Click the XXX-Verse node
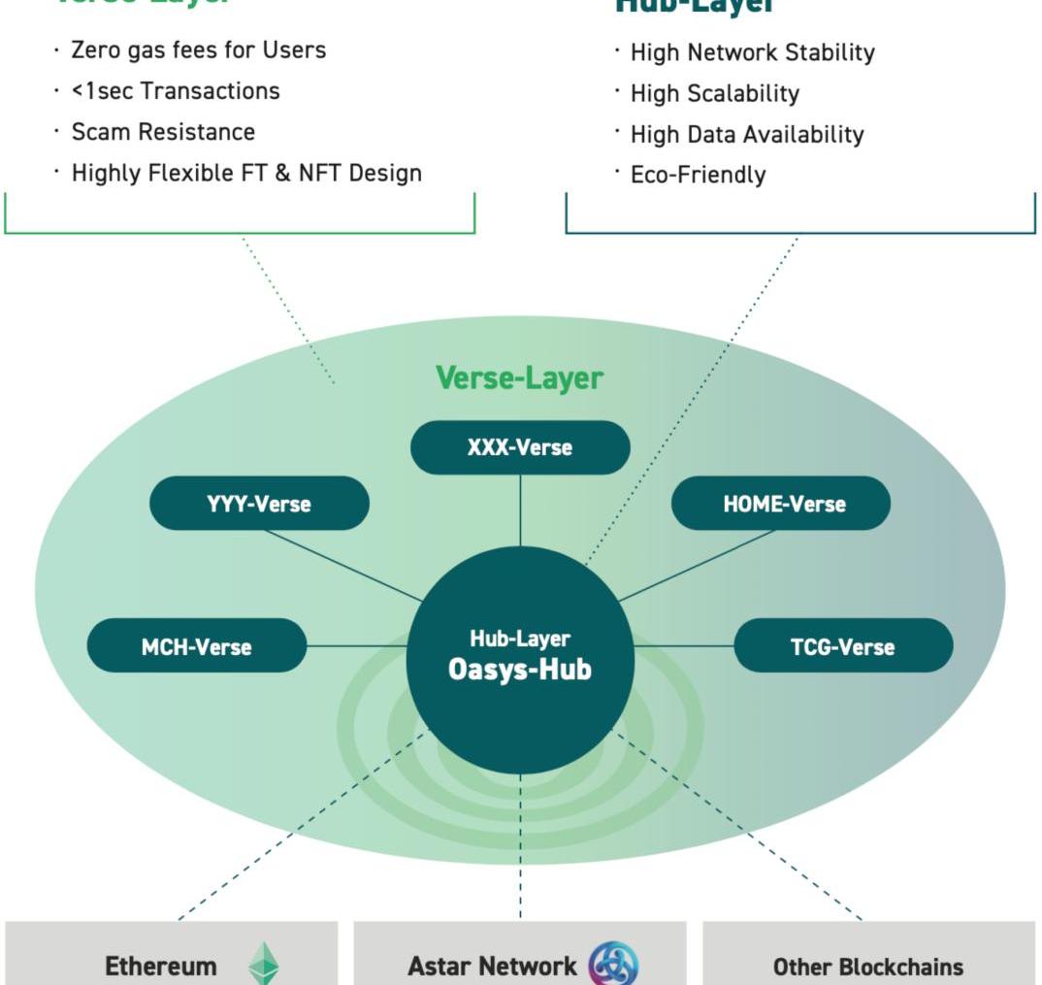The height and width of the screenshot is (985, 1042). coord(520,447)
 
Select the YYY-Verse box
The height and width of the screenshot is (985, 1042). coord(259,504)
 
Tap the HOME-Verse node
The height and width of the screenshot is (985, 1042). coord(781,504)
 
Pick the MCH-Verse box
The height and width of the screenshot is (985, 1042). coord(197,646)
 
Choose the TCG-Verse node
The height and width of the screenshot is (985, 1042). coord(843,646)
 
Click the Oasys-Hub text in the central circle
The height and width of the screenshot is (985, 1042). coord(520,670)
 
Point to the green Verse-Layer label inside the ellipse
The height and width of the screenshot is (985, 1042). coord(519,378)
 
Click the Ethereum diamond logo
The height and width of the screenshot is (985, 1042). coord(263,964)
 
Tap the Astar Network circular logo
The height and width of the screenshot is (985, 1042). coord(613,965)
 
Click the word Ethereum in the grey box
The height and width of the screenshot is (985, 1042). coord(161,967)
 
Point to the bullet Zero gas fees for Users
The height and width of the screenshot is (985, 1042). coord(198,49)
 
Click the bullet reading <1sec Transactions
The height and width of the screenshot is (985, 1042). coord(175,91)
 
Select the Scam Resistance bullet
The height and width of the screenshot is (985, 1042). coord(163,132)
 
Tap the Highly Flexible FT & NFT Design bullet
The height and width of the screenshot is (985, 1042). coord(246,174)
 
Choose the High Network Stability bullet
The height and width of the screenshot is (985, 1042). coord(752,52)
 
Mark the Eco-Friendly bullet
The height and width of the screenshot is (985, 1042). coord(698,175)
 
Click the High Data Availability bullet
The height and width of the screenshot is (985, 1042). coord(746,134)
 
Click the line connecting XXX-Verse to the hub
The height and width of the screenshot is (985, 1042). coord(520,509)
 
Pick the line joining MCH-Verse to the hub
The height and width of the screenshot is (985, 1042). coord(356,646)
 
